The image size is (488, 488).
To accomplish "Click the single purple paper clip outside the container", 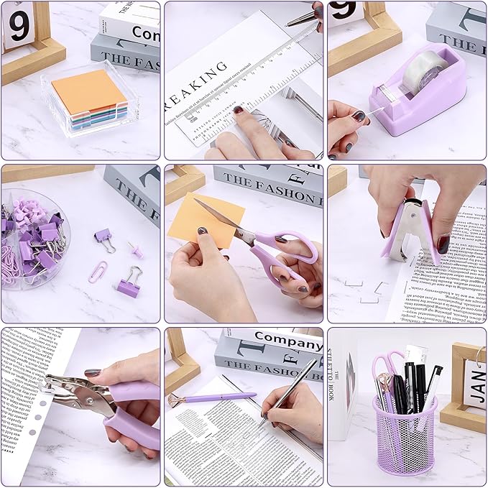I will click(98, 271).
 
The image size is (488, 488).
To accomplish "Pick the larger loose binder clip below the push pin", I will click(129, 282).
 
